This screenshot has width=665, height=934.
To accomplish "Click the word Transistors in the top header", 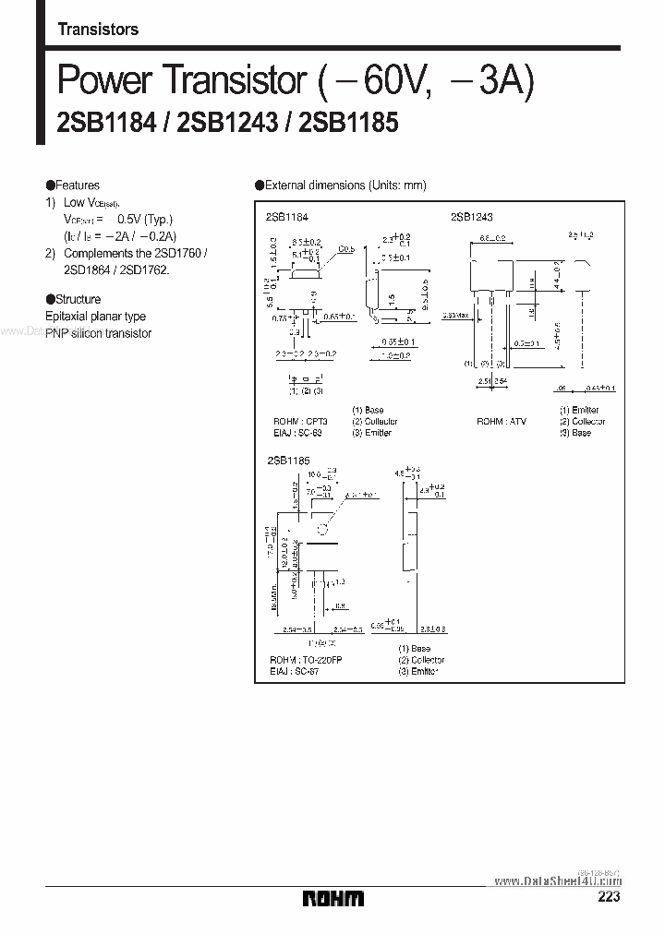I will pyautogui.click(x=98, y=30).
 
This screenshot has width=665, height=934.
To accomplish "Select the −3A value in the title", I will pyautogui.click(x=490, y=82).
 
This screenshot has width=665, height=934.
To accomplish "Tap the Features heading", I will pyautogui.click(x=77, y=186).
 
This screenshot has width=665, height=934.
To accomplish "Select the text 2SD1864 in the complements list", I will pyautogui.click(x=85, y=270).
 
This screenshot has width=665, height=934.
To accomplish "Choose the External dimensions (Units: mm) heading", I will pyautogui.click(x=345, y=186).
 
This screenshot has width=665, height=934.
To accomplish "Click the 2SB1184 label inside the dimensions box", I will pyautogui.click(x=286, y=216).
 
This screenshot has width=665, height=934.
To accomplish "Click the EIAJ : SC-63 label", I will pyautogui.click(x=293, y=432).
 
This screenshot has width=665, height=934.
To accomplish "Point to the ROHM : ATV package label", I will pyautogui.click(x=502, y=421).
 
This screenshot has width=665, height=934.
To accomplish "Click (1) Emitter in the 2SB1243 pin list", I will pyautogui.click(x=579, y=410).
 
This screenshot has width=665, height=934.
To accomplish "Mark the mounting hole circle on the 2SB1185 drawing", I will pyautogui.click(x=322, y=529).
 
